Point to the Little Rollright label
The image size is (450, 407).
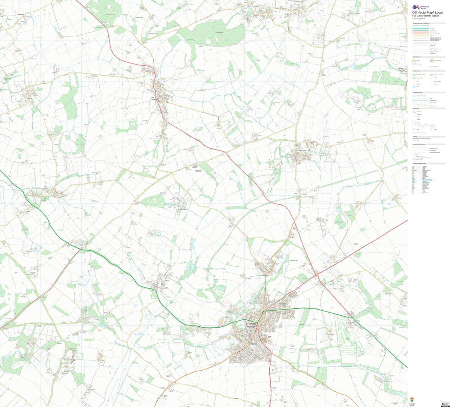tap(181, 209)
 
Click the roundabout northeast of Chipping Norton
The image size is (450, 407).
tap(316, 274)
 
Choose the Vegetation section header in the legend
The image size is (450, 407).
tap(417, 71)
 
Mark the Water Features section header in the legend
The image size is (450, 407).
tap(417, 92)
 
